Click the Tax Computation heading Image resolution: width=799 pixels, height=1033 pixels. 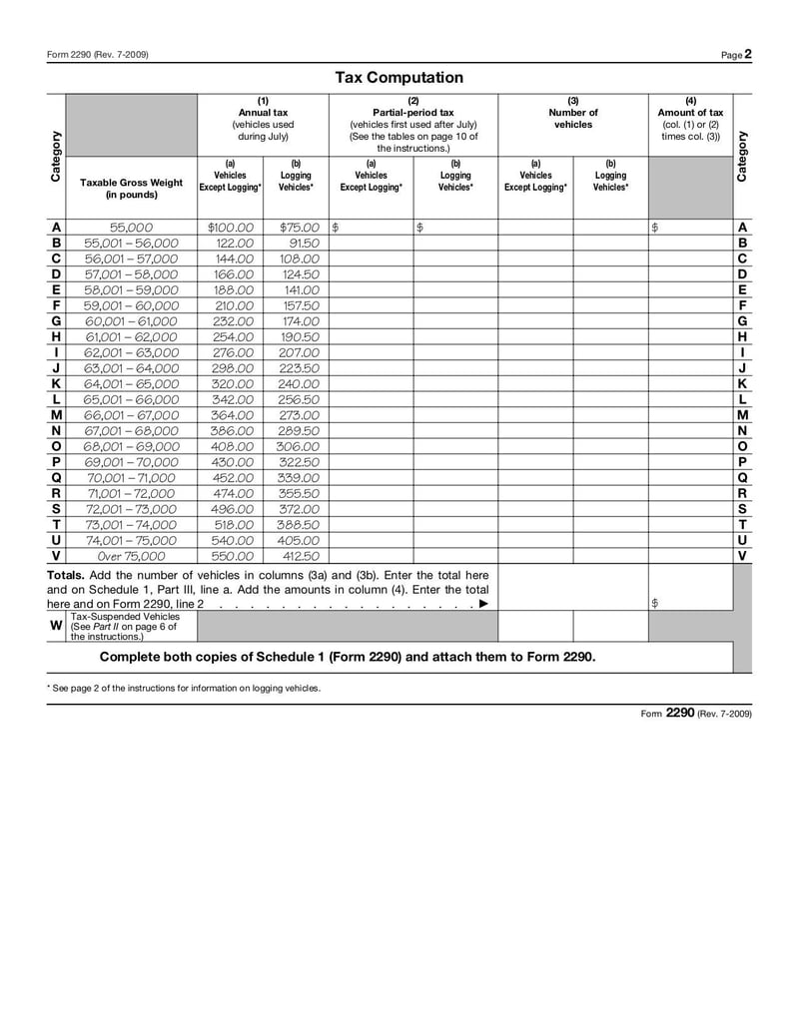399,78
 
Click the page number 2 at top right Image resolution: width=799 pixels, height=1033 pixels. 748,54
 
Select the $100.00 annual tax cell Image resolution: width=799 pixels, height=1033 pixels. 231,228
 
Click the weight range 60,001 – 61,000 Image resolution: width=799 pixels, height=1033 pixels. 131,321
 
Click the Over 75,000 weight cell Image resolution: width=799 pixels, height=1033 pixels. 131,556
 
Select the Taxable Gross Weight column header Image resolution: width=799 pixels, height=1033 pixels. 131,189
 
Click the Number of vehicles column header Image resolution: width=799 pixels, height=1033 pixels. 573,119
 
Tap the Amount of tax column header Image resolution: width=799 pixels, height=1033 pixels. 690,119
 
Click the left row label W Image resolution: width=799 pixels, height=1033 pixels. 56,626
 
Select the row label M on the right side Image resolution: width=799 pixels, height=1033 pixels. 742,415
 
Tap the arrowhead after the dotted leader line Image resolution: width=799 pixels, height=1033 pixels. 484,604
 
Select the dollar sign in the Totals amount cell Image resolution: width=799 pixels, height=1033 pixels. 654,604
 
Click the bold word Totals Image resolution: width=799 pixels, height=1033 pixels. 66,576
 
